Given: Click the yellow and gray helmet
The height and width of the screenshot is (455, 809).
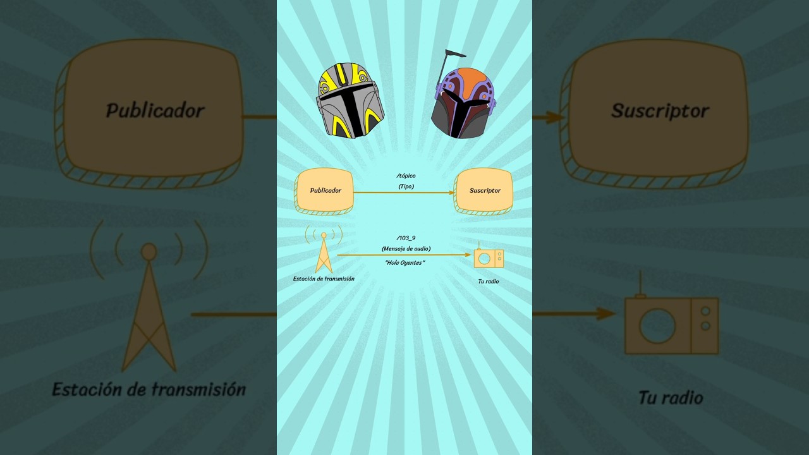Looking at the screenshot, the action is pos(350,100).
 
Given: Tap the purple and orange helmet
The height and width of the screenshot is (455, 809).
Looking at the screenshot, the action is pos(464,103).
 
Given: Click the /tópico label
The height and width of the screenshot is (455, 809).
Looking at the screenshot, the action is pos(406,176).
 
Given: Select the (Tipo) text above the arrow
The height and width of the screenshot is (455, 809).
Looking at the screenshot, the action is pos(406,186).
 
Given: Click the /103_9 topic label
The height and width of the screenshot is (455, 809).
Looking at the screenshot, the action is pos(406,238).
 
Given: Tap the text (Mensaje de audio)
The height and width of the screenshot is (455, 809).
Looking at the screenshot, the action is pos(406,248).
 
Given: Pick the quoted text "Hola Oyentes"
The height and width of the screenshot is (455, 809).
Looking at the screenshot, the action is pos(405,262).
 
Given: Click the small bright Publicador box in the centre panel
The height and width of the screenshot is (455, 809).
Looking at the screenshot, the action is pos(324,191).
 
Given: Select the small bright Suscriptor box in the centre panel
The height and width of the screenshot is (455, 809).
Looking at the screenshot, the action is pos(484,191).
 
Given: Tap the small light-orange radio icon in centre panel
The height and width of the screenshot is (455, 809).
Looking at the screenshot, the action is pos(489,257).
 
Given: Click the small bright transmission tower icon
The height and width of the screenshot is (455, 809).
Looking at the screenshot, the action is pos(324,250).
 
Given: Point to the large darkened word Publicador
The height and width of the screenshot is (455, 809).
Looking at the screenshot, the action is pos(155,111).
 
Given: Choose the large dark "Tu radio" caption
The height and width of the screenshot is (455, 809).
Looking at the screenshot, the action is pos(671,397).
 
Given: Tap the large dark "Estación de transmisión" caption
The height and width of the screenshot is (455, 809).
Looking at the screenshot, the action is pos(149,389).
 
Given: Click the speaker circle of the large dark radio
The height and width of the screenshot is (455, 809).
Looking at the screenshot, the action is pos(657,325).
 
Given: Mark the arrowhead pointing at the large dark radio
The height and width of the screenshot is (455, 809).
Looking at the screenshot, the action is pos(606,314).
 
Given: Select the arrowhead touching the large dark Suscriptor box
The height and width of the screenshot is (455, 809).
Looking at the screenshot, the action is pos(554,118).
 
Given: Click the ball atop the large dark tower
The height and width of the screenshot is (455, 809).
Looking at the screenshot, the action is pos(149,252).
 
